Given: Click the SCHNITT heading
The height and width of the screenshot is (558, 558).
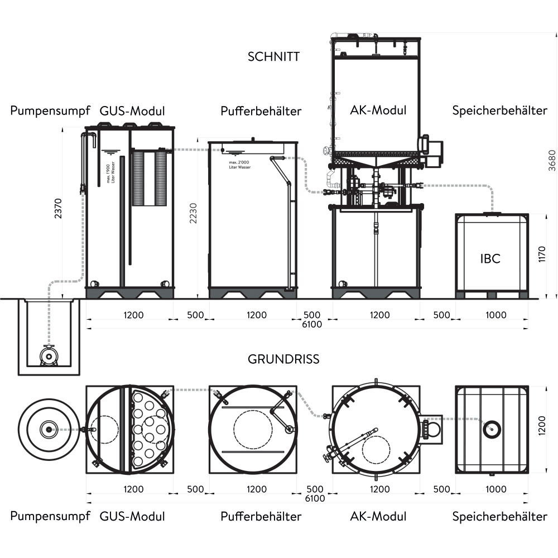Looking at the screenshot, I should click(273, 56).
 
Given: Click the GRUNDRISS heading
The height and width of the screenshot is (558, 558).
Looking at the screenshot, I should click(283, 359).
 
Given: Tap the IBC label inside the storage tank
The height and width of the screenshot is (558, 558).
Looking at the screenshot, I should click(490, 259).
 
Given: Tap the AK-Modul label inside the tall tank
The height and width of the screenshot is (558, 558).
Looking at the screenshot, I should click(378, 110).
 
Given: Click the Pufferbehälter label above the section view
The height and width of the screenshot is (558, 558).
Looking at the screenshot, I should click(261, 111).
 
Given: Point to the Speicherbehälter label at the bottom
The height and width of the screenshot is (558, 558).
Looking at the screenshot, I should click(500, 517).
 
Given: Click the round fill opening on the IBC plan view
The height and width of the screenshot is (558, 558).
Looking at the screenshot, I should click(492, 429).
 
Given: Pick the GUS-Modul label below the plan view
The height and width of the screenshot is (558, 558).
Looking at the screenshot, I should click(132, 517).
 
